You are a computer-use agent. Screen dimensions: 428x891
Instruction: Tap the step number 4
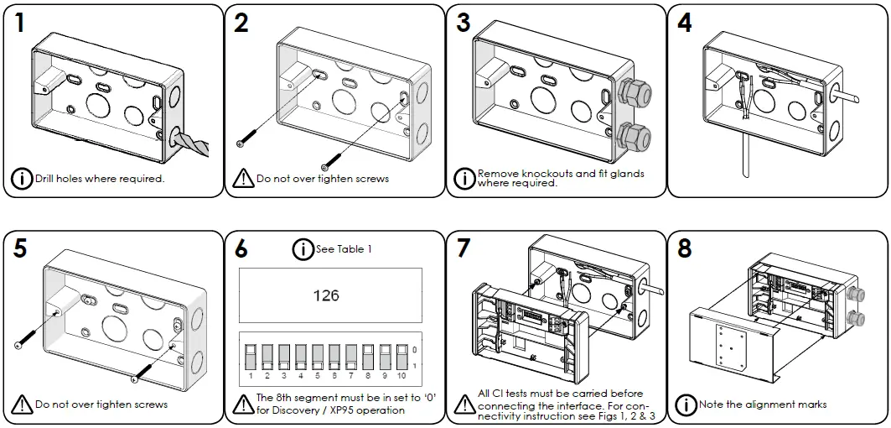click(x=685, y=23)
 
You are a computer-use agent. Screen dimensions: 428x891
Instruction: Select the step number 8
click(x=685, y=249)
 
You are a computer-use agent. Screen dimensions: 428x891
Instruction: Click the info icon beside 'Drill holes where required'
click(x=22, y=178)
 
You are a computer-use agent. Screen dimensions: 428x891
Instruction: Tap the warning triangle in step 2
click(x=243, y=178)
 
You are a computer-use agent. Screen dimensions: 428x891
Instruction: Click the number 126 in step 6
click(x=326, y=295)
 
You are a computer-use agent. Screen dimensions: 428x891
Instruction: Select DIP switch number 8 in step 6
click(x=367, y=357)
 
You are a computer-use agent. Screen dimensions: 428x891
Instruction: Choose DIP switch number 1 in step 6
click(x=251, y=357)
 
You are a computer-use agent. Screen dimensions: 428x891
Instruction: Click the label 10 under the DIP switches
click(x=401, y=377)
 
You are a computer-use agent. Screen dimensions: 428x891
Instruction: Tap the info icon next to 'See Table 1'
click(x=303, y=249)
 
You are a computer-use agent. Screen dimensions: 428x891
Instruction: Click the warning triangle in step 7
click(x=464, y=404)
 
